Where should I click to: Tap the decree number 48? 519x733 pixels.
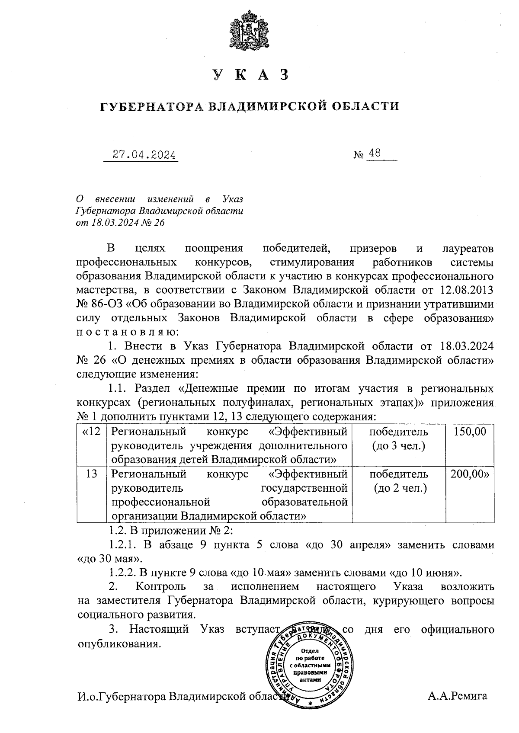pyautogui.click(x=375, y=153)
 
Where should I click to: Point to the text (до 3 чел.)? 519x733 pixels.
pyautogui.click(x=399, y=445)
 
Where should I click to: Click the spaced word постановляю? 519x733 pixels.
pyautogui.click(x=125, y=333)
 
